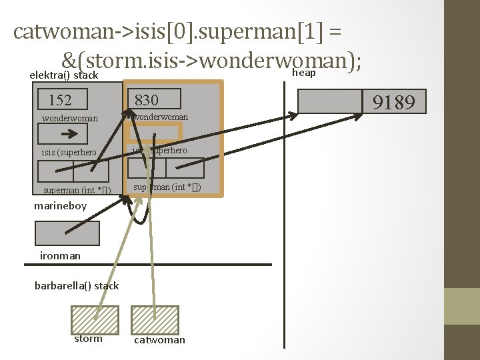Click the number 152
(x=60, y=101)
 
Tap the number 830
(x=147, y=101)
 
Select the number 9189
(x=394, y=103)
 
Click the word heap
(x=305, y=73)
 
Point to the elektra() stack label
(x=64, y=75)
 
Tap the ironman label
(x=60, y=255)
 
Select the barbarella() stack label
(x=77, y=285)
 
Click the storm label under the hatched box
(x=89, y=339)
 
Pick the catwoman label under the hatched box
(x=160, y=340)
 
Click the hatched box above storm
(x=95, y=319)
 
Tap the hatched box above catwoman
(x=155, y=319)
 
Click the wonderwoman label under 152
(x=70, y=119)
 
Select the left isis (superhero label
(x=69, y=153)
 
